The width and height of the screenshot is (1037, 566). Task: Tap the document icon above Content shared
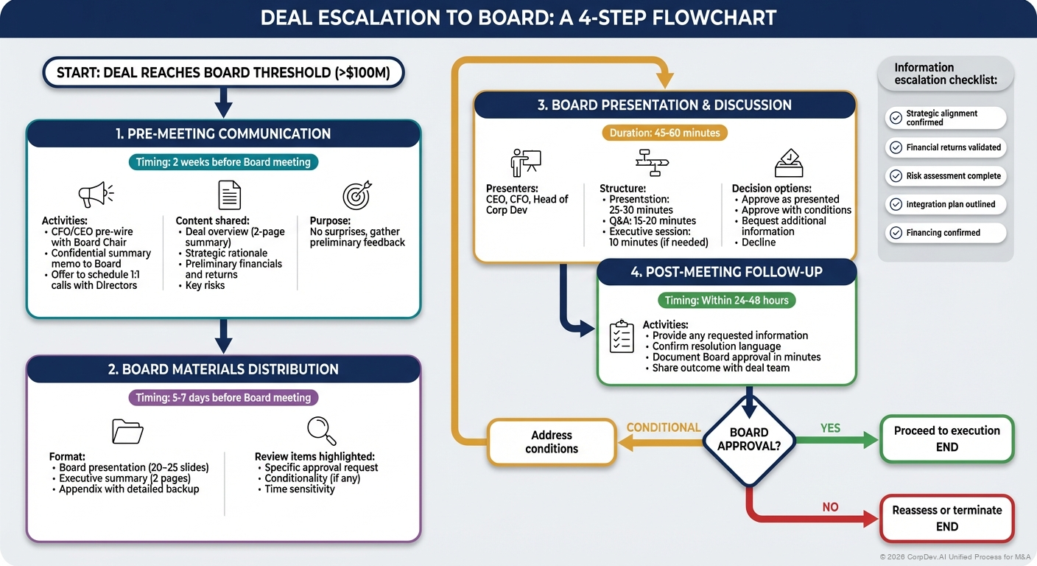click(x=230, y=195)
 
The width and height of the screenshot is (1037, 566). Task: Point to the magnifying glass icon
click(x=321, y=430)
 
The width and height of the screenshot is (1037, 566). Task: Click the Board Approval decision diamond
click(x=749, y=441)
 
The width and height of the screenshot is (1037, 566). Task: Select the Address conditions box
click(x=551, y=441)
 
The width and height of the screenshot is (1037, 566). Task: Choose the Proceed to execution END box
click(x=946, y=439)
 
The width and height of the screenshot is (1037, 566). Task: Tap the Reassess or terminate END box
click(x=946, y=518)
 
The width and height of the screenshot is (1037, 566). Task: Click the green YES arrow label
click(x=830, y=427)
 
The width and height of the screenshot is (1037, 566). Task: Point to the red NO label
click(x=829, y=507)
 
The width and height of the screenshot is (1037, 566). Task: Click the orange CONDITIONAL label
click(x=663, y=427)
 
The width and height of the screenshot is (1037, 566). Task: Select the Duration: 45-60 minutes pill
click(x=664, y=133)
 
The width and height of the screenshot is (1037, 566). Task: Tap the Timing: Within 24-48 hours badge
click(x=726, y=300)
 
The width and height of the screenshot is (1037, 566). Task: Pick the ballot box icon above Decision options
click(x=788, y=162)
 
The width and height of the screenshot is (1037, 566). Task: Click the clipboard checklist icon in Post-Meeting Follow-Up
click(x=622, y=336)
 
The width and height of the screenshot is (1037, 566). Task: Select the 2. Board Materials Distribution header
click(x=223, y=369)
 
